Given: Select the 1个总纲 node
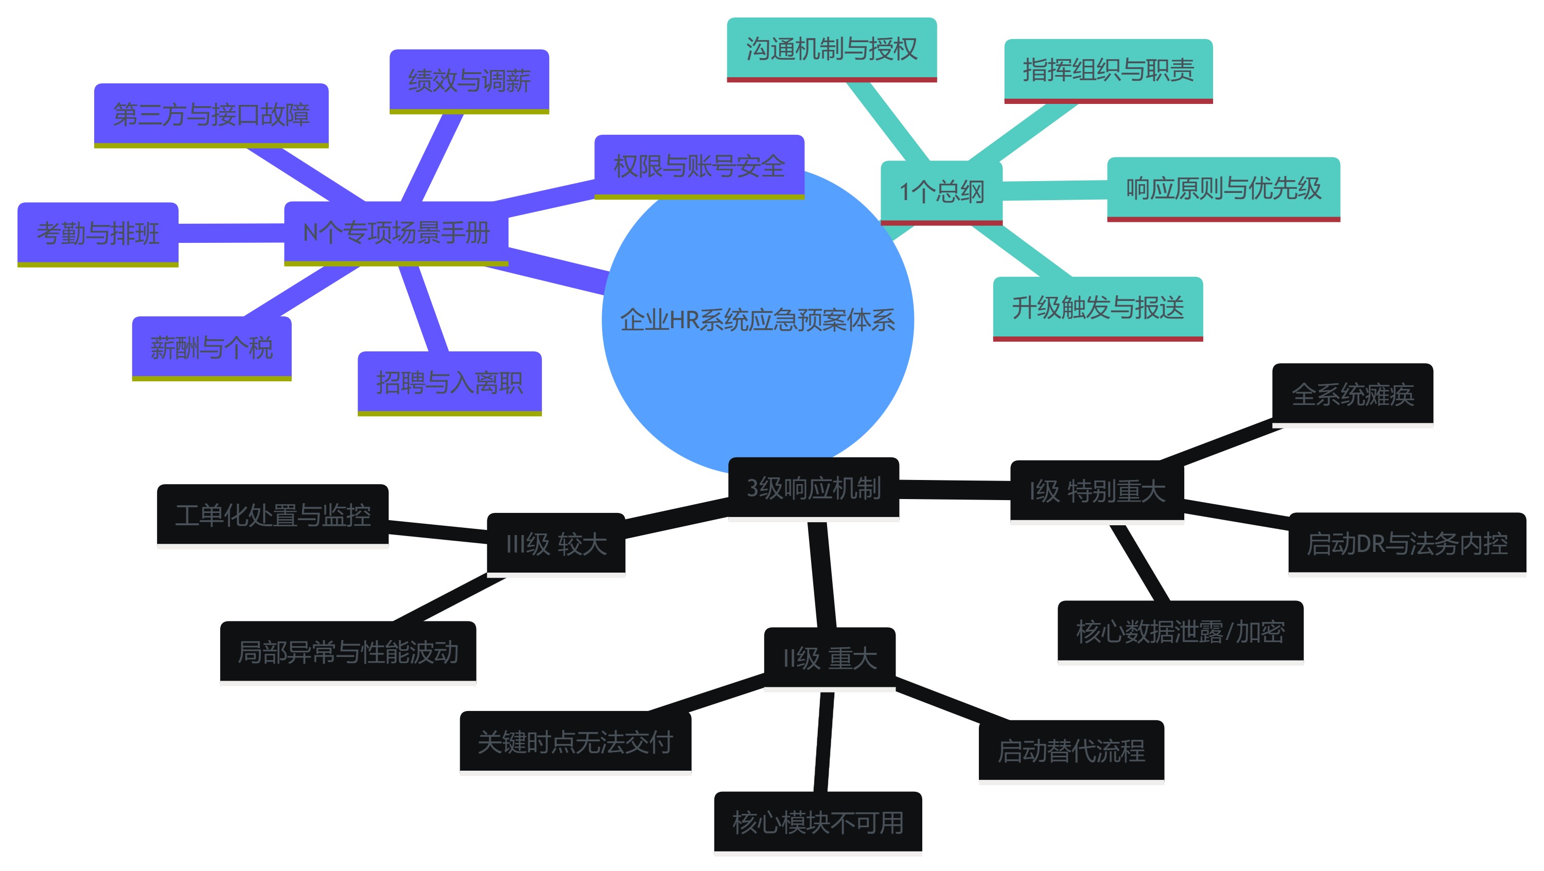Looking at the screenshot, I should click(x=941, y=192).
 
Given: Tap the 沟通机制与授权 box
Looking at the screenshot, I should click(x=831, y=49).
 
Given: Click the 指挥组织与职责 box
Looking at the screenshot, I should click(x=1108, y=70).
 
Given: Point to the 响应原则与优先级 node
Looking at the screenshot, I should click(x=1223, y=189).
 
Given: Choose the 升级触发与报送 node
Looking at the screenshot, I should click(x=1097, y=308).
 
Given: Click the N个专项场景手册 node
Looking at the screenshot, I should click(x=396, y=233).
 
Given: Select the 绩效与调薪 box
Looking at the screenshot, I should click(x=469, y=81).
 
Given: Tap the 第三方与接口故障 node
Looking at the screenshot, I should click(x=211, y=114).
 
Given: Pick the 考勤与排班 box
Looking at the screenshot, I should click(x=98, y=233).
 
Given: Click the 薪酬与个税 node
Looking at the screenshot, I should click(x=212, y=347).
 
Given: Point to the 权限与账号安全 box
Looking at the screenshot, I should click(x=699, y=166).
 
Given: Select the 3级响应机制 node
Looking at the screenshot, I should click(x=813, y=488).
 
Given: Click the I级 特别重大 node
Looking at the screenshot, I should click(x=1097, y=491).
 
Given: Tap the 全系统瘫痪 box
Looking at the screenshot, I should click(x=1352, y=394).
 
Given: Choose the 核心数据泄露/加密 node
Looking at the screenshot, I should click(x=1180, y=631).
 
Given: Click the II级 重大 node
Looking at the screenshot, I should click(x=830, y=659).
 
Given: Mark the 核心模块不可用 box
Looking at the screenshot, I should click(x=818, y=823).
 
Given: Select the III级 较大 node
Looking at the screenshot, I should click(x=556, y=544).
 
